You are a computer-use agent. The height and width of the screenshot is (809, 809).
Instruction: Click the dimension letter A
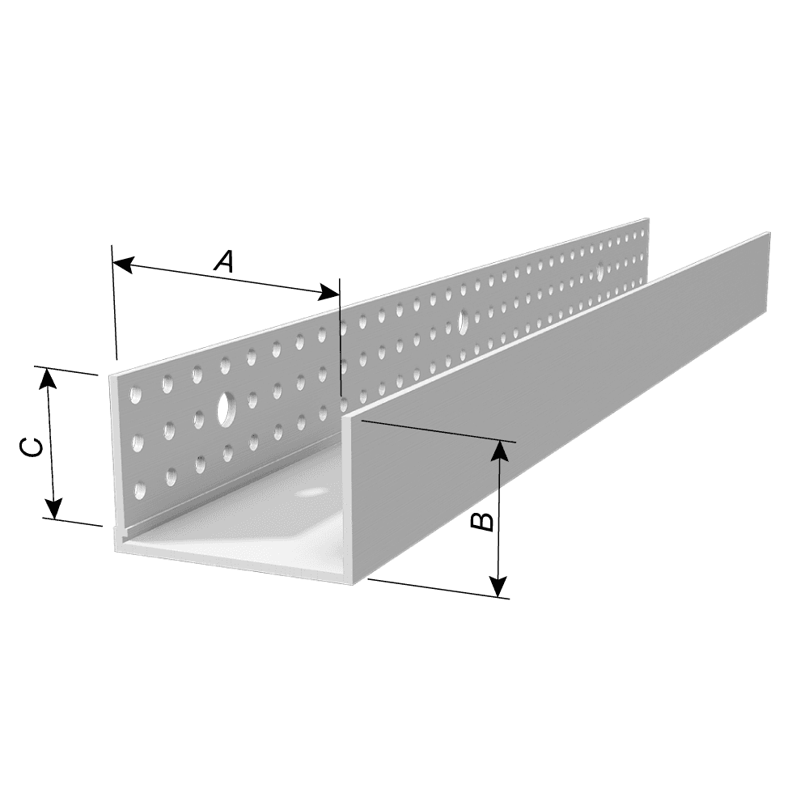224,261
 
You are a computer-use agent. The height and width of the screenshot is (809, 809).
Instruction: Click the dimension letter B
483,521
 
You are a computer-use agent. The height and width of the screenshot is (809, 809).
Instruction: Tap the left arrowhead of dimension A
122,265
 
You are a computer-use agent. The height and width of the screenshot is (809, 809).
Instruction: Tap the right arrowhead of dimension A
329,293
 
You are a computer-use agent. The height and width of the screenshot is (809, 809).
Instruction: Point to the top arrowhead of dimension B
499,451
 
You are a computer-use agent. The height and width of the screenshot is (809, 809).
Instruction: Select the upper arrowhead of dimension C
48,378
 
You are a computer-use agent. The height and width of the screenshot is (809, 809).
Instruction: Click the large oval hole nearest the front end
225,409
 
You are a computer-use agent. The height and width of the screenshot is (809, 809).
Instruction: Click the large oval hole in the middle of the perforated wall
463,321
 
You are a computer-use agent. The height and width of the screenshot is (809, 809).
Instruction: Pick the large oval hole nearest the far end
599,272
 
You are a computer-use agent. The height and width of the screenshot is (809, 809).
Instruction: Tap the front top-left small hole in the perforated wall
136,396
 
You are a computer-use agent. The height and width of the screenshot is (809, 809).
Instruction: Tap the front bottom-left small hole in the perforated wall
138,491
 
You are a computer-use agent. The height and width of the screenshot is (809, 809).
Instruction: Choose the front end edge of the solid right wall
348,500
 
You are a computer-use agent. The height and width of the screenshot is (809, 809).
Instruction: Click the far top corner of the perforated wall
648,218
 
